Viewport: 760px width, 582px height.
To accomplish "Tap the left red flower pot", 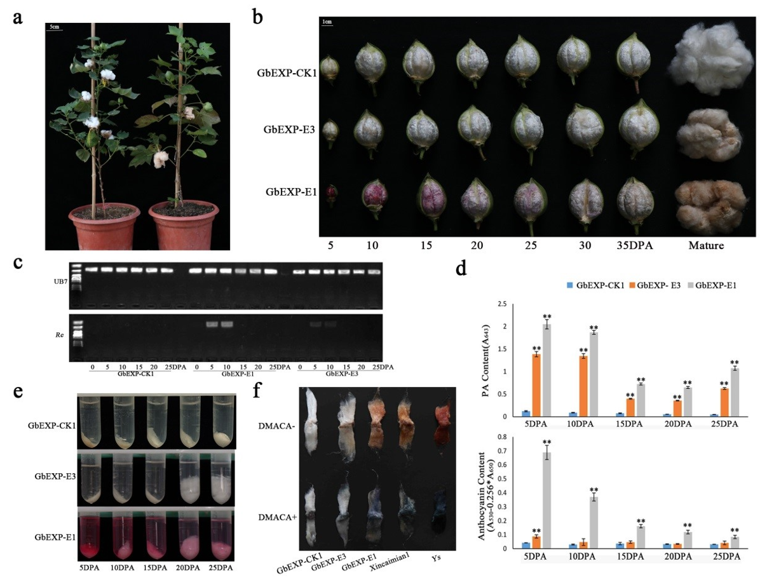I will click(104, 226).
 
